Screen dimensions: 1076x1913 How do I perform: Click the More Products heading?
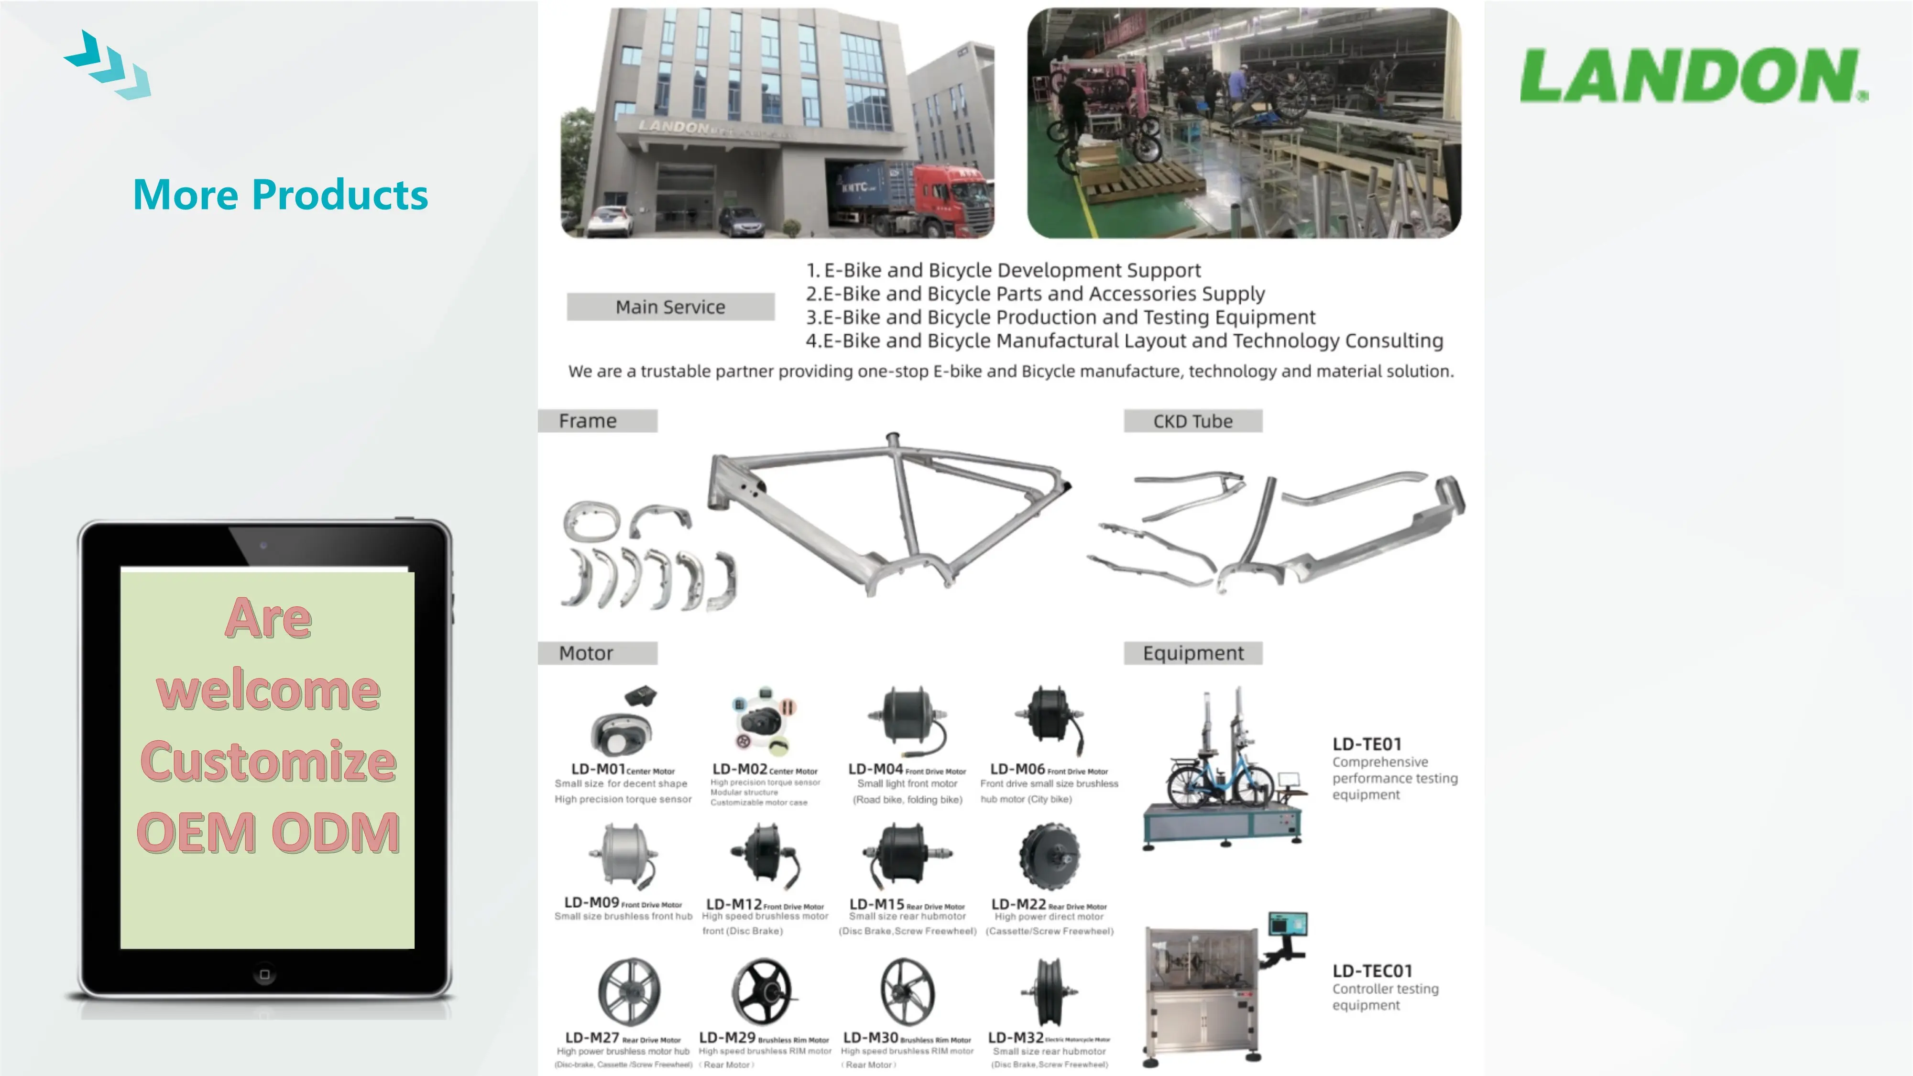tap(280, 195)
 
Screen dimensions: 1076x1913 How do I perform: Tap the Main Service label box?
tap(670, 307)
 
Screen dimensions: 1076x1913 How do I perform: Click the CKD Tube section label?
tap(1192, 421)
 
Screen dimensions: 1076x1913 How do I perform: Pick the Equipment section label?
tap(1192, 653)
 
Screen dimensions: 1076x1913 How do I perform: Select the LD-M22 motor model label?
tap(1018, 904)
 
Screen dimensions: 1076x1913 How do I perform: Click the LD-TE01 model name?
tap(1366, 744)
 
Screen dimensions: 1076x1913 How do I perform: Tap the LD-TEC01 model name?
tap(1372, 971)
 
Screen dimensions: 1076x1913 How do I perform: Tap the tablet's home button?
tap(264, 974)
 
